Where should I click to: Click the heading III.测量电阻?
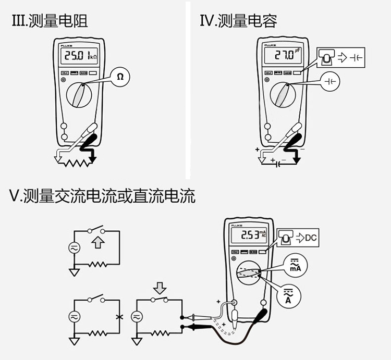point(50,21)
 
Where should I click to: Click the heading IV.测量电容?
point(238,21)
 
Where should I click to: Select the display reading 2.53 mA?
point(250,235)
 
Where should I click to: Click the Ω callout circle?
point(120,77)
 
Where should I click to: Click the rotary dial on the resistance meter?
point(83,97)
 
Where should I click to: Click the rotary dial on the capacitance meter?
point(285,97)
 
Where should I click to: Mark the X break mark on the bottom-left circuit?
point(120,316)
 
